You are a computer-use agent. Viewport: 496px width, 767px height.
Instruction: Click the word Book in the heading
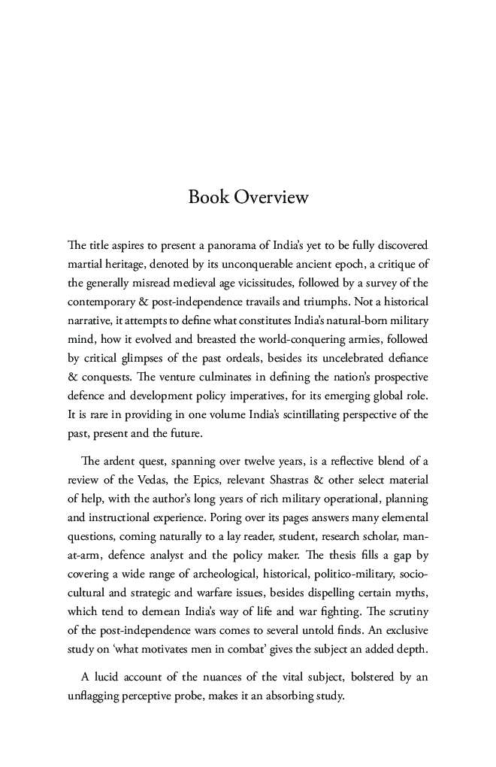(208, 198)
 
